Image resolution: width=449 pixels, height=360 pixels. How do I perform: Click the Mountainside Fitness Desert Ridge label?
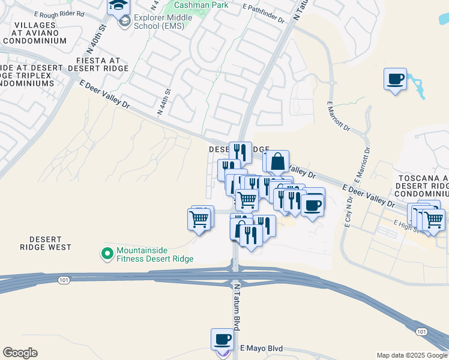(x=155, y=254)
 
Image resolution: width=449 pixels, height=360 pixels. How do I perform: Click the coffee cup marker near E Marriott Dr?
(x=395, y=79)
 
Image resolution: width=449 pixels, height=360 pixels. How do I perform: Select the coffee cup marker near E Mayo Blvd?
(x=222, y=340)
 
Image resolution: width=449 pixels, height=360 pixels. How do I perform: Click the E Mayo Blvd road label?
(x=261, y=348)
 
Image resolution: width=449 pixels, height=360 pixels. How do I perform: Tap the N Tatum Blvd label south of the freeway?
(x=238, y=315)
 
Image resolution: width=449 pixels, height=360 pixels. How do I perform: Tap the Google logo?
(x=20, y=353)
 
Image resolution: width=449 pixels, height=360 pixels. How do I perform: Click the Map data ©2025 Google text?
(x=412, y=355)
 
